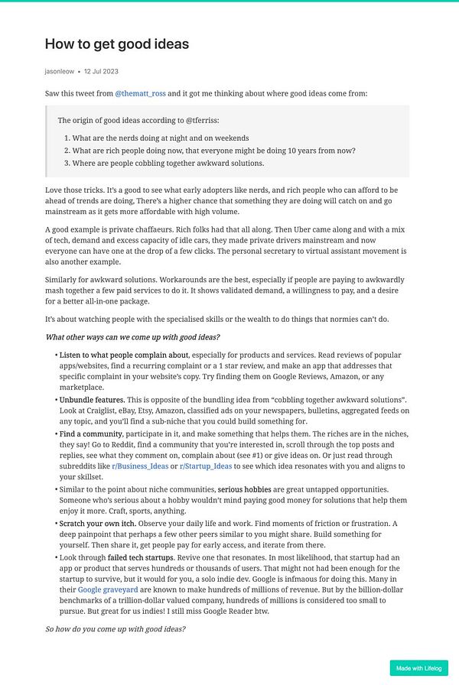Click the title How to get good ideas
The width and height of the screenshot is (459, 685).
tap(116, 44)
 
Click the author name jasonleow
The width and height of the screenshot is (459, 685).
tap(60, 71)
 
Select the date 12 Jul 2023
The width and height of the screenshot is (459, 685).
tap(101, 71)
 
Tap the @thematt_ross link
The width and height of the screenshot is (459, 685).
tap(140, 93)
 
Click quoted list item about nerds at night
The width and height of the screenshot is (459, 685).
tap(161, 138)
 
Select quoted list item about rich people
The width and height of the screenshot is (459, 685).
tap(213, 151)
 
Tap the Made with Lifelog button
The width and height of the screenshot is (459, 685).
tap(418, 668)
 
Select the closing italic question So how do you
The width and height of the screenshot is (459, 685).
tap(115, 628)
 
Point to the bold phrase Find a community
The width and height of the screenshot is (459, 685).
tap(91, 433)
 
